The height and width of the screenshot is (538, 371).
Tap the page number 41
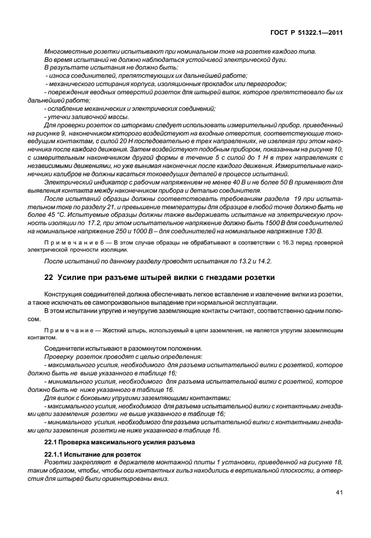tap(339, 493)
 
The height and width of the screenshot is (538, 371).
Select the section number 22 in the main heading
tap(49, 278)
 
